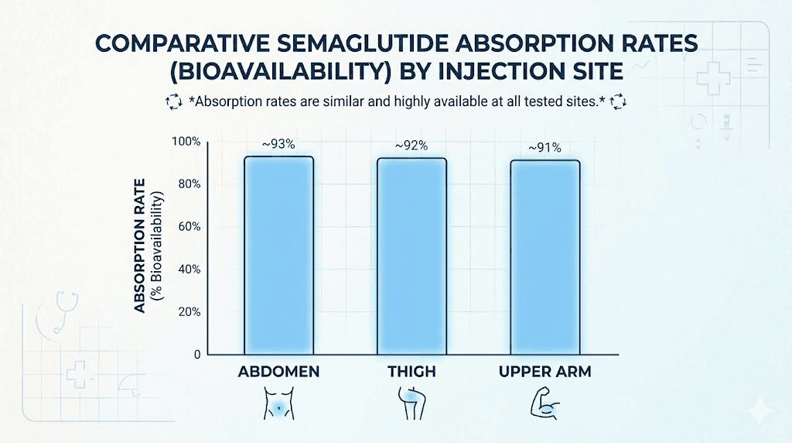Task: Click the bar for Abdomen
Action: pyautogui.click(x=278, y=255)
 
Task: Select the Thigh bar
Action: pyautogui.click(x=411, y=256)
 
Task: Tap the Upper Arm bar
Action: pyautogui.click(x=544, y=257)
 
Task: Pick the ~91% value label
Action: pyautogui.click(x=544, y=147)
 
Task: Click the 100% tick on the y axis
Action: pyautogui.click(x=186, y=142)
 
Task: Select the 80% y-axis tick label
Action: pyautogui.click(x=188, y=184)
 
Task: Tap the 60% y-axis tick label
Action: pyautogui.click(x=188, y=227)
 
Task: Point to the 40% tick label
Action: pyautogui.click(x=188, y=270)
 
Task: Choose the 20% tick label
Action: pyautogui.click(x=188, y=312)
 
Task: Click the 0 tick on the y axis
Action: pyautogui.click(x=197, y=355)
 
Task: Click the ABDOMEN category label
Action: pyautogui.click(x=278, y=373)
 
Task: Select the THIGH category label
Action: pyautogui.click(x=411, y=373)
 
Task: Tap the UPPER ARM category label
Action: pyautogui.click(x=544, y=373)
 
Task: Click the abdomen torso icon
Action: pyautogui.click(x=278, y=403)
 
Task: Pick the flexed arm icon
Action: pyautogui.click(x=544, y=403)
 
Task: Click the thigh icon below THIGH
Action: pyautogui.click(x=411, y=403)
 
